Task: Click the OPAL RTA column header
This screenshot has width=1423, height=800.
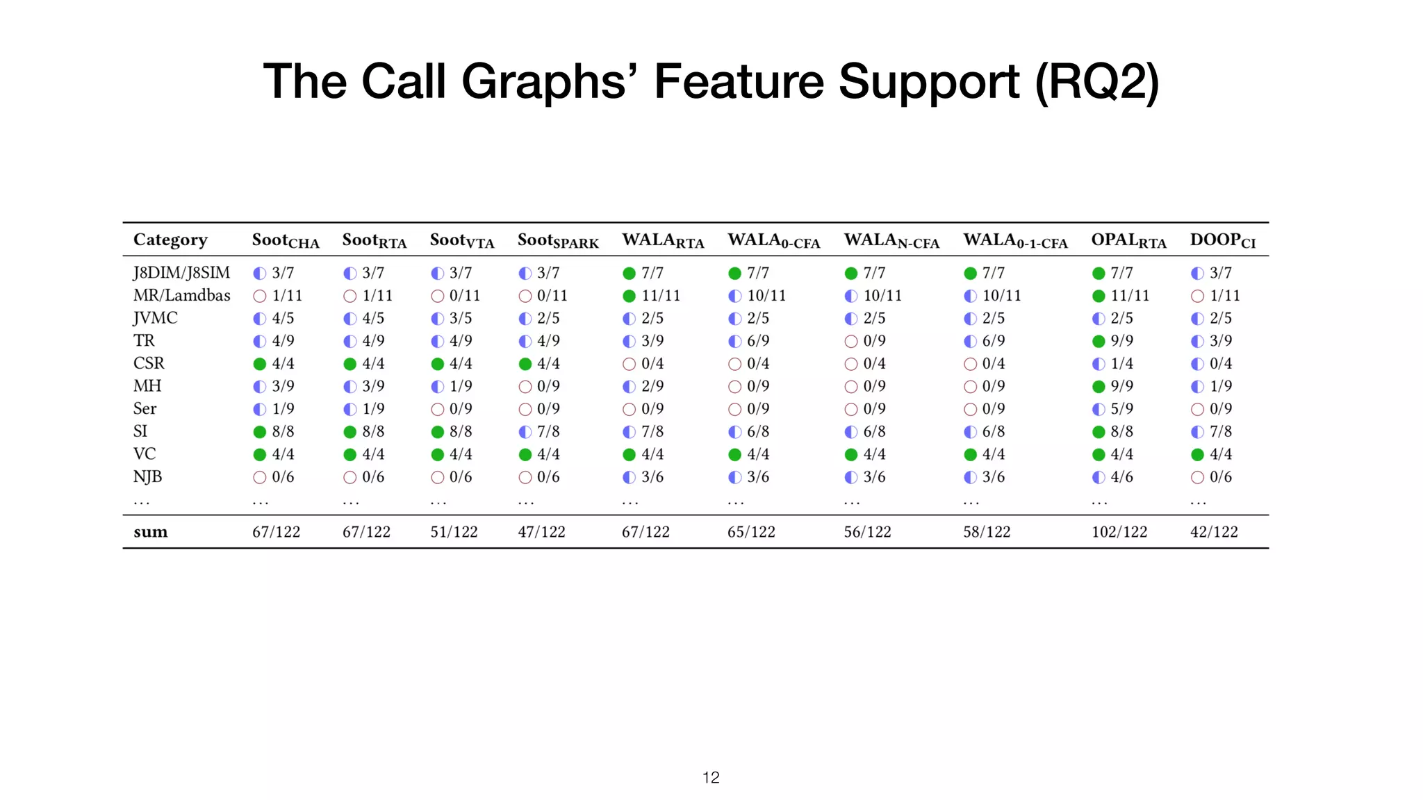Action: (x=1128, y=240)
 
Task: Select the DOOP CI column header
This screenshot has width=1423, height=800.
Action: (x=1222, y=240)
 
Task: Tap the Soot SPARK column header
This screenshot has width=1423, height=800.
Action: (x=557, y=240)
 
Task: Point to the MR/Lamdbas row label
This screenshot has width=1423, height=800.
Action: (x=181, y=295)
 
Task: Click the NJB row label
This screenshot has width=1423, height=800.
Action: (x=147, y=476)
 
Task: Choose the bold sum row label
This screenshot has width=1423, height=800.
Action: (x=150, y=532)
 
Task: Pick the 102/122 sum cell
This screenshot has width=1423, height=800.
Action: (x=1119, y=532)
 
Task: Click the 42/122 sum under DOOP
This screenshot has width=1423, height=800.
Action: (x=1213, y=532)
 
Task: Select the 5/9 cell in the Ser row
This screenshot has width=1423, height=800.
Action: (x=1121, y=409)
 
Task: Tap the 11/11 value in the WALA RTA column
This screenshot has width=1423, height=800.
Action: (x=660, y=296)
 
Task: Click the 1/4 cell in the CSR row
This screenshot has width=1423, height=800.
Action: (x=1121, y=364)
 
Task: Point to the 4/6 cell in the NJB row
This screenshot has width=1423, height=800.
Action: (x=1121, y=477)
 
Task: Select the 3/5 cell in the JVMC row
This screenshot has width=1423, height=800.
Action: (x=460, y=318)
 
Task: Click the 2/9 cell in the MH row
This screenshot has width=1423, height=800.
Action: (x=652, y=386)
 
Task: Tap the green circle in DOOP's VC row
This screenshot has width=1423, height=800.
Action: (x=1197, y=455)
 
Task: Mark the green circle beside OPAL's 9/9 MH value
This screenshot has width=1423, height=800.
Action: (x=1099, y=387)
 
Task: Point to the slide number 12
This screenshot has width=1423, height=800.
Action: (x=711, y=778)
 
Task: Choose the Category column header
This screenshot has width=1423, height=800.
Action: (x=170, y=240)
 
